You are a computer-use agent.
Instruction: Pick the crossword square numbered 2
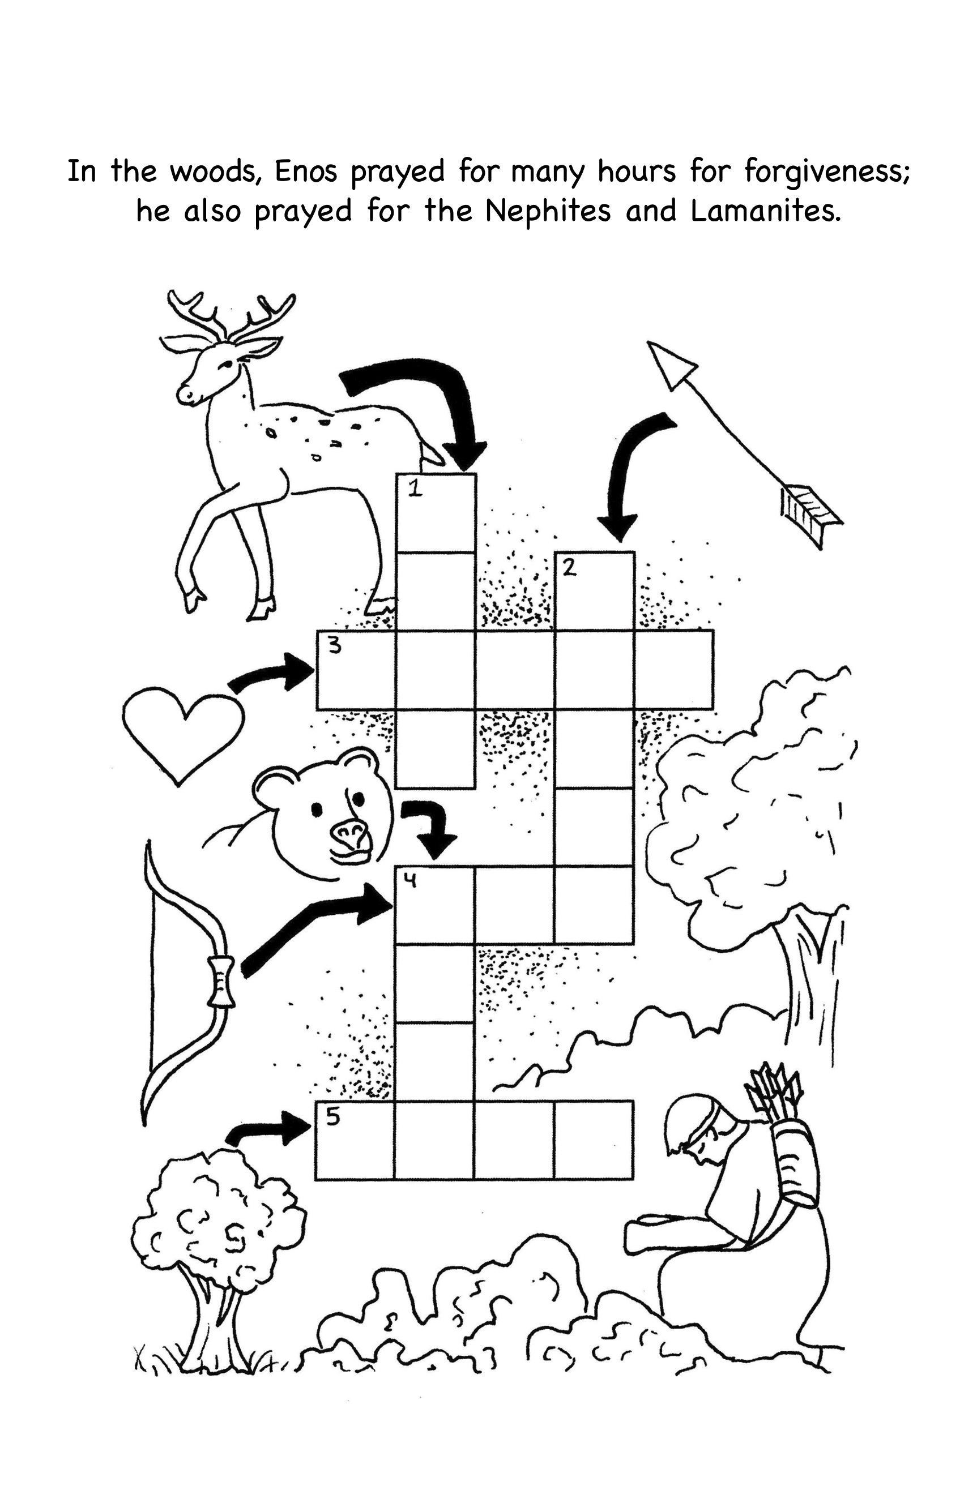594,591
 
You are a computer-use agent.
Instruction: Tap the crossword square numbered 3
356,670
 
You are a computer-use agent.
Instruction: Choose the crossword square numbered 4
436,905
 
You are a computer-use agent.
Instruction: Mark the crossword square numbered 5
355,1141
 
